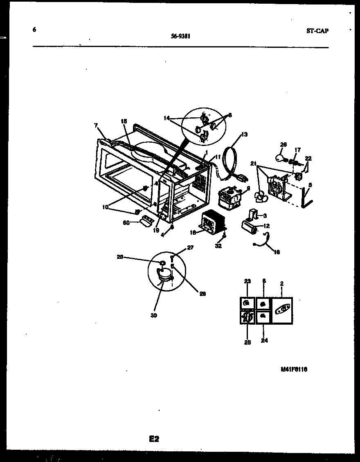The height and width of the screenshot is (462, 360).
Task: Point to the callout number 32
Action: (218, 246)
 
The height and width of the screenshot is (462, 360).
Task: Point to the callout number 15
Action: (124, 121)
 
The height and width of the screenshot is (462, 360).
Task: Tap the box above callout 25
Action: (247, 317)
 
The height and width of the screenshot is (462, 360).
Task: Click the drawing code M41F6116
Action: (294, 369)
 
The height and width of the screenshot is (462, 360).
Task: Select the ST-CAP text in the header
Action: (317, 31)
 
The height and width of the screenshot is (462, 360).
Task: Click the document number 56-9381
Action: (180, 36)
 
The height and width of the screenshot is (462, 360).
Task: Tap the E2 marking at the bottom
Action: (154, 439)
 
